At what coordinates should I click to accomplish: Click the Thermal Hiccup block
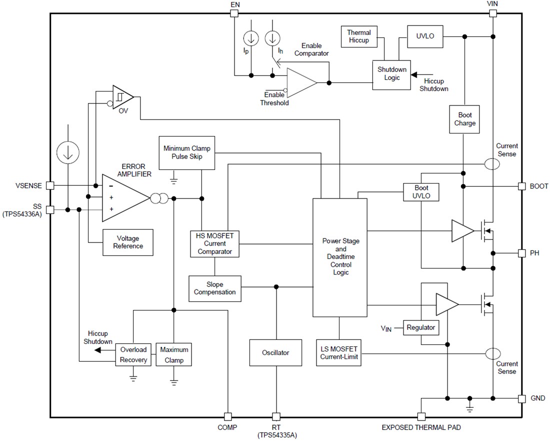pyautogui.click(x=359, y=36)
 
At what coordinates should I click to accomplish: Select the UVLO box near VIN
pyautogui.click(x=425, y=36)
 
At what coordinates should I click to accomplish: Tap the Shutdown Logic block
pyautogui.click(x=392, y=74)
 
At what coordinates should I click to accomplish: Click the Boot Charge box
pyautogui.click(x=464, y=119)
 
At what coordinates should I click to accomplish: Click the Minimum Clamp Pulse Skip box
pyautogui.click(x=186, y=152)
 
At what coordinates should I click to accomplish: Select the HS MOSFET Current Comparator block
pyautogui.click(x=214, y=243)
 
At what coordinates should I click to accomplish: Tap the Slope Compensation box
pyautogui.click(x=214, y=288)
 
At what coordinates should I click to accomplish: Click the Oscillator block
pyautogui.click(x=275, y=352)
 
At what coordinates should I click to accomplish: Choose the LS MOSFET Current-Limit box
pyautogui.click(x=339, y=352)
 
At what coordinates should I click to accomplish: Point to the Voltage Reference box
pyautogui.click(x=127, y=242)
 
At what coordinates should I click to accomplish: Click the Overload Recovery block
pyautogui.click(x=133, y=355)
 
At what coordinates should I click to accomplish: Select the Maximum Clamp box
pyautogui.click(x=173, y=355)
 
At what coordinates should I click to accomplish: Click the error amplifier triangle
pyautogui.click(x=122, y=198)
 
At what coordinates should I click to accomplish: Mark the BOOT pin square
pyautogui.click(x=521, y=186)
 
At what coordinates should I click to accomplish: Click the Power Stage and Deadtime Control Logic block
pyautogui.click(x=340, y=257)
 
